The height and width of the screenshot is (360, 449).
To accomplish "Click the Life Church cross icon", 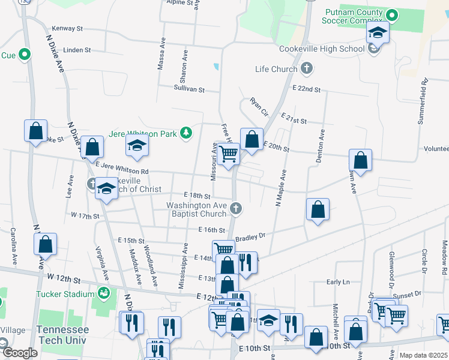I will tap(307, 68).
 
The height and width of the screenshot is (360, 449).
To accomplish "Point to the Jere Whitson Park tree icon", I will tap(187, 133).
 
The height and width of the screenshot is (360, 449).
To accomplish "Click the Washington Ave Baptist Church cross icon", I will tap(236, 208).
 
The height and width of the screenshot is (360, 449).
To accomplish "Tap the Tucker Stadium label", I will tap(65, 294).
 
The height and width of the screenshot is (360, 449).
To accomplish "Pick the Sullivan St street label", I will tap(189, 89).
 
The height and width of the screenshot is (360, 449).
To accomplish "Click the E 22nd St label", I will tap(307, 89).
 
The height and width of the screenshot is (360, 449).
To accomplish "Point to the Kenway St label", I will tap(67, 28).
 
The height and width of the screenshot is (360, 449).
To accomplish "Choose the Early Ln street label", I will tap(338, 282).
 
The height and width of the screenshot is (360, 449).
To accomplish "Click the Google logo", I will tap(19, 353).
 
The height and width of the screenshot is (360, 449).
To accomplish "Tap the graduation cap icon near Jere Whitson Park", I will tap(137, 145).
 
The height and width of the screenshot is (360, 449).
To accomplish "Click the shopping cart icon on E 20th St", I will tap(228, 154).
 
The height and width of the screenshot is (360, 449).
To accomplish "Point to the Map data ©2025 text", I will tap(423, 355).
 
